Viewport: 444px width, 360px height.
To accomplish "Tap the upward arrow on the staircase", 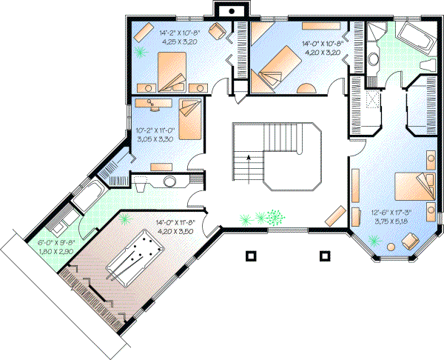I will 249,157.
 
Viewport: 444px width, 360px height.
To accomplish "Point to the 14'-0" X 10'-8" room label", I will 320,48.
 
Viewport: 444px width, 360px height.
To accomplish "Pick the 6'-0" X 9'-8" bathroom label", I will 55,246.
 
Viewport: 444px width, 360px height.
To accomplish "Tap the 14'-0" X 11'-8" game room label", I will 174,227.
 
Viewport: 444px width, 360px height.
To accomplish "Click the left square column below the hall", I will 251,256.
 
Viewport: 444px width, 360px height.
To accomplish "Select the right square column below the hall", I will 323,256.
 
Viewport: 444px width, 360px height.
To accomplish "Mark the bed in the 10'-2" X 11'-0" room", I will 189,118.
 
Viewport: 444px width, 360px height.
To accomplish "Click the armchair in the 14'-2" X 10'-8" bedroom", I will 217,30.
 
